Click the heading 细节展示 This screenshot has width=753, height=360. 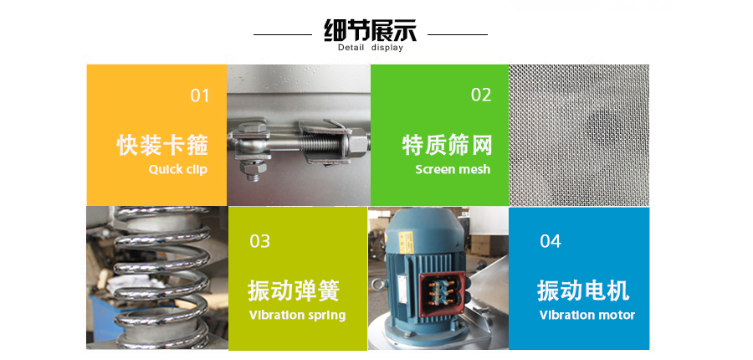click(x=371, y=30)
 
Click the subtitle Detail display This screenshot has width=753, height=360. click(x=371, y=48)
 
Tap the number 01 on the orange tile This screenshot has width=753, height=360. click(x=200, y=95)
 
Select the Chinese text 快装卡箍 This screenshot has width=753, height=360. click(x=162, y=145)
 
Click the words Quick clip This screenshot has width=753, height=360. click(x=177, y=170)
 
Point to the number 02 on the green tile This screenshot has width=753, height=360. click(x=481, y=95)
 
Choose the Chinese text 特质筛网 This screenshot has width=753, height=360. click(x=447, y=145)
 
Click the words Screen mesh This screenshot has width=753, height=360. click(x=453, y=169)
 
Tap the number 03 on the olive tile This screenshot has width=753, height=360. click(x=260, y=241)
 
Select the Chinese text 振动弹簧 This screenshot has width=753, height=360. click(x=294, y=291)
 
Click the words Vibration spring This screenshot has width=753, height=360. click(x=297, y=316)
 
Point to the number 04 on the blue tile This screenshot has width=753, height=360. click(x=551, y=241)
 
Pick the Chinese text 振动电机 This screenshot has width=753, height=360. click(x=583, y=291)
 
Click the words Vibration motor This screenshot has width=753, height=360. click(x=587, y=316)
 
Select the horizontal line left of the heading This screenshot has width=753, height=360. click(x=283, y=34)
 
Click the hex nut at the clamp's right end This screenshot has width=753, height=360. click(x=357, y=144)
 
